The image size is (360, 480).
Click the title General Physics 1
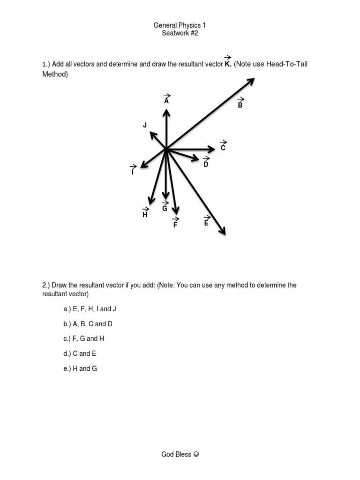(x=180, y=25)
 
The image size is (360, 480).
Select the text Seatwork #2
(x=180, y=33)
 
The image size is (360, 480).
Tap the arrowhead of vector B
(x=251, y=81)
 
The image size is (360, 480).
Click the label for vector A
(x=166, y=100)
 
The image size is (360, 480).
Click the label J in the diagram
(x=145, y=125)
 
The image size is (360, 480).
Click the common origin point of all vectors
(x=166, y=150)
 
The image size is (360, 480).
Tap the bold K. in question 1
(x=228, y=63)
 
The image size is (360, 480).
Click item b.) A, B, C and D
(x=88, y=324)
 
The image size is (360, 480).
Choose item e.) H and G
(x=80, y=368)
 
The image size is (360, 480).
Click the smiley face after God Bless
(x=196, y=454)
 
